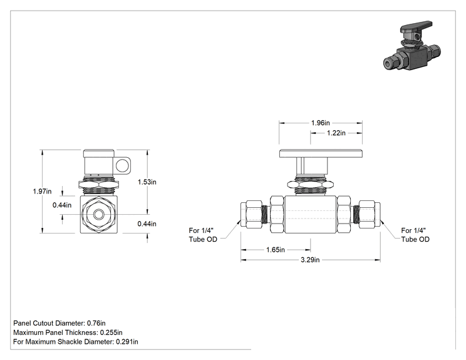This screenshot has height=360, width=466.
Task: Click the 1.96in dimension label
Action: click(x=321, y=123)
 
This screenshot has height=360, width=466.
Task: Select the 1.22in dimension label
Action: click(x=336, y=133)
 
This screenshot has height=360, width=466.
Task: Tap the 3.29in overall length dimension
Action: click(x=310, y=260)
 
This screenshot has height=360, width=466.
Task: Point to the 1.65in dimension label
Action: click(x=275, y=250)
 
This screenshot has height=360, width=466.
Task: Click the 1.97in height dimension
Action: click(x=42, y=192)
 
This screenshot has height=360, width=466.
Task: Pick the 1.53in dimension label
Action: click(x=147, y=182)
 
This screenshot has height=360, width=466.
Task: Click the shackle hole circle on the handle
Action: click(x=122, y=165)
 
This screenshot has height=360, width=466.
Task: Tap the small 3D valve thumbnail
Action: click(x=412, y=46)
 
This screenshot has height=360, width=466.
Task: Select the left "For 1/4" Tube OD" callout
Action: click(x=203, y=235)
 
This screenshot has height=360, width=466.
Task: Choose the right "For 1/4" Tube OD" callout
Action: click(x=415, y=235)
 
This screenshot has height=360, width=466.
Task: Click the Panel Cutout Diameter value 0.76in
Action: click(x=96, y=323)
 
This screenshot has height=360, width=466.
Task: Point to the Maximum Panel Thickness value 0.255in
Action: click(x=111, y=332)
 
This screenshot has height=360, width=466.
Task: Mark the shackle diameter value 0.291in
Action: click(x=127, y=342)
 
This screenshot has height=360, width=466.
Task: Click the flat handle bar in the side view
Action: click(x=321, y=153)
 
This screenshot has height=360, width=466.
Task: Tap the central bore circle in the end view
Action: click(x=98, y=214)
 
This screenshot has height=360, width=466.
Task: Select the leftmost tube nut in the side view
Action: click(x=251, y=214)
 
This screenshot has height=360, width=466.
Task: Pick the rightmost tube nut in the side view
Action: click(x=370, y=214)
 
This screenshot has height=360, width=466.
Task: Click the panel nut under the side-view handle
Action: click(x=311, y=185)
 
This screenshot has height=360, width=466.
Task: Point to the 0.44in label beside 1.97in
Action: click(x=62, y=205)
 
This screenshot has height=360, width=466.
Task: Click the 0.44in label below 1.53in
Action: click(x=147, y=224)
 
